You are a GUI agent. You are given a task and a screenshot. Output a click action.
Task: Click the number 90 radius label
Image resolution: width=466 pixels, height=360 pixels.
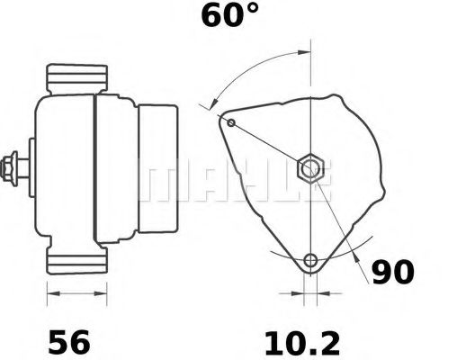point(393,271)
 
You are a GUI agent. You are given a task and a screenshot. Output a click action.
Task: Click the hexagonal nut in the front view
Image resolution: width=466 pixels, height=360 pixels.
point(310,166)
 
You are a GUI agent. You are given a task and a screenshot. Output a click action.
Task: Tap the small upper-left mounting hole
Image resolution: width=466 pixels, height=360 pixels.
point(231,122)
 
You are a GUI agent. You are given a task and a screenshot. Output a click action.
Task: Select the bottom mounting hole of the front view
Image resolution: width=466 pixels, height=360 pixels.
point(310,262)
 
